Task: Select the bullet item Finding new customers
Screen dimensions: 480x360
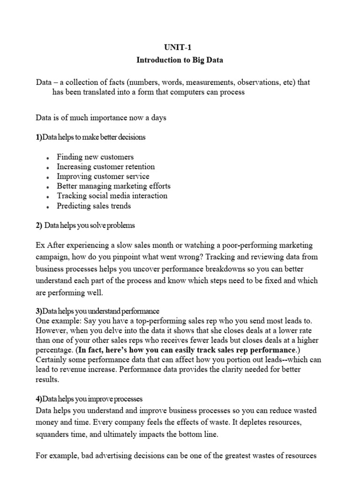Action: [x=95, y=157]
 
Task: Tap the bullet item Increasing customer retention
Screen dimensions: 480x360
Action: [x=105, y=167]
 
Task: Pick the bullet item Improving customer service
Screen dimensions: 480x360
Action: [x=103, y=177]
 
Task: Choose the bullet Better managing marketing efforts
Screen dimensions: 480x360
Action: [x=113, y=186]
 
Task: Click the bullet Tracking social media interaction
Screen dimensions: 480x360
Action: [x=112, y=196]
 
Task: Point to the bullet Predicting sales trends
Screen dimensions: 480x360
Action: [x=94, y=206]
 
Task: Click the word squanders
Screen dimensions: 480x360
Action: [x=54, y=434]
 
